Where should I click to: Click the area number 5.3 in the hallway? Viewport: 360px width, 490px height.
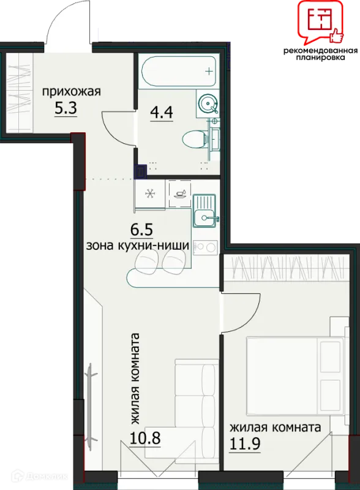click(66, 109)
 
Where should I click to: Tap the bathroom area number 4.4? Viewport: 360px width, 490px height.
click(162, 113)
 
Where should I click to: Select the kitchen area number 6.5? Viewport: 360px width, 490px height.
click(141, 230)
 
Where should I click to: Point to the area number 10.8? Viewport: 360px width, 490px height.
click(145, 438)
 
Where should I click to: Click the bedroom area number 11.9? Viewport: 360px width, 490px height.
click(245, 443)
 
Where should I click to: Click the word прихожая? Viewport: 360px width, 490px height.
click(72, 92)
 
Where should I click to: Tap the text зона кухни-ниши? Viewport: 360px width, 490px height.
click(138, 246)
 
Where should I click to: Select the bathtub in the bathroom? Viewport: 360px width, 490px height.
click(179, 71)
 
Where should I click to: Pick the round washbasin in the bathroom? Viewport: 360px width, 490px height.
click(208, 103)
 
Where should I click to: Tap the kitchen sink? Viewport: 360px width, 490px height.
click(204, 211)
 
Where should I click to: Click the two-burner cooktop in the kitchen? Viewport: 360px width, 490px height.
click(205, 247)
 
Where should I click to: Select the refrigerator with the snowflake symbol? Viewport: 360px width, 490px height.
click(149, 194)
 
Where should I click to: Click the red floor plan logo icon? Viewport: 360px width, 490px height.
click(320, 22)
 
